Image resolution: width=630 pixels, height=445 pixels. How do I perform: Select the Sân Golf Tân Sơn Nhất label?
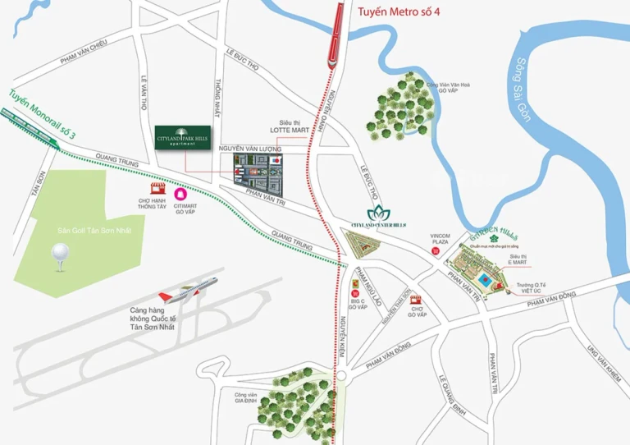(90, 231)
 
